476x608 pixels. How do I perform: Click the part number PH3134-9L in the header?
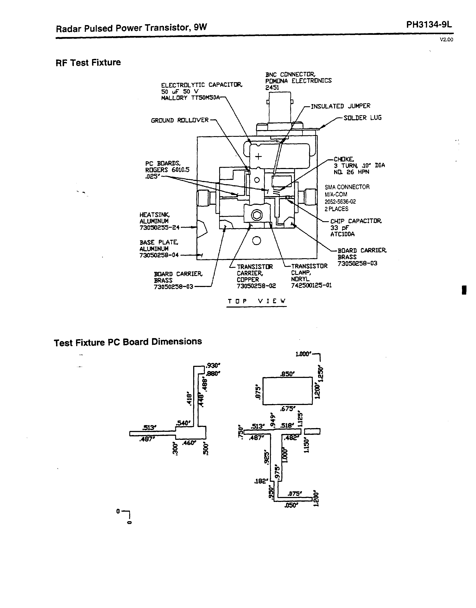tap(429, 25)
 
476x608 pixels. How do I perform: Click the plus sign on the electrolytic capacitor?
tap(259, 156)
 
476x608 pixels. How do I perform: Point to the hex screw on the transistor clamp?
tap(257, 215)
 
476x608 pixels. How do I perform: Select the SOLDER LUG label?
tap(362, 118)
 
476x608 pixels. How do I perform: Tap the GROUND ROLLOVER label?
tap(180, 120)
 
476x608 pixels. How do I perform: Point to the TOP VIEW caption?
tap(257, 301)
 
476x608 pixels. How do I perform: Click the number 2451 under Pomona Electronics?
tap(272, 87)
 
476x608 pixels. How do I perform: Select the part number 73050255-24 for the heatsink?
tap(159, 227)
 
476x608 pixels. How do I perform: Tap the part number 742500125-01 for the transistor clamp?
tap(311, 285)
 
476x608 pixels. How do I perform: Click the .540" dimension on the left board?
tap(183, 423)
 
